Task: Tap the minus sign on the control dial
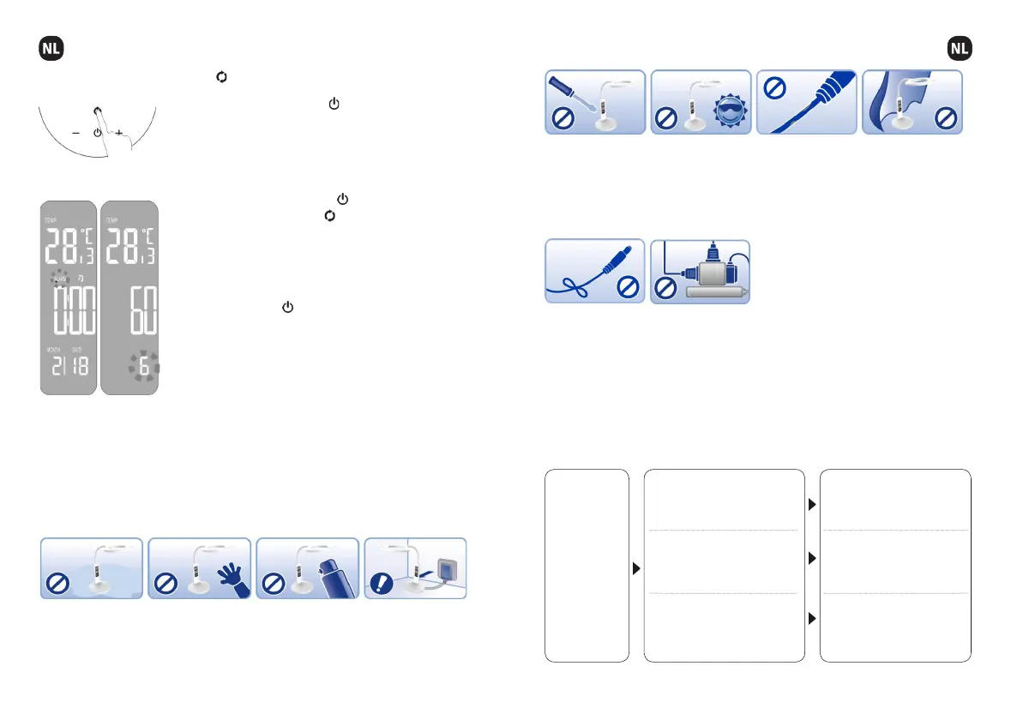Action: [x=75, y=134]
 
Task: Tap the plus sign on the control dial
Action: [x=119, y=134]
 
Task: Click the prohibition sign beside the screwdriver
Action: [x=563, y=120]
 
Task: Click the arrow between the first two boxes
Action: [x=636, y=567]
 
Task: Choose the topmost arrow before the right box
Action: [x=812, y=505]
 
